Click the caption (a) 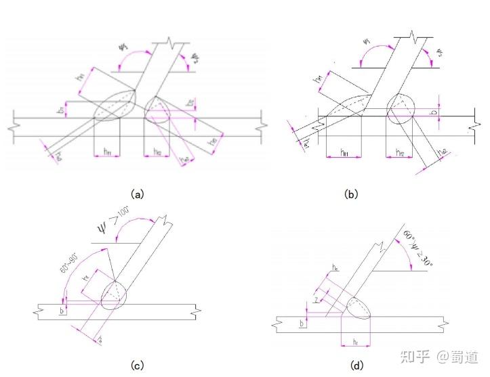(138, 194)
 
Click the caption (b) (350, 194)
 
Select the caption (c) (138, 366)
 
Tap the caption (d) (356, 366)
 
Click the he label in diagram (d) (335, 269)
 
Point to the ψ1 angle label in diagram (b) (367, 42)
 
